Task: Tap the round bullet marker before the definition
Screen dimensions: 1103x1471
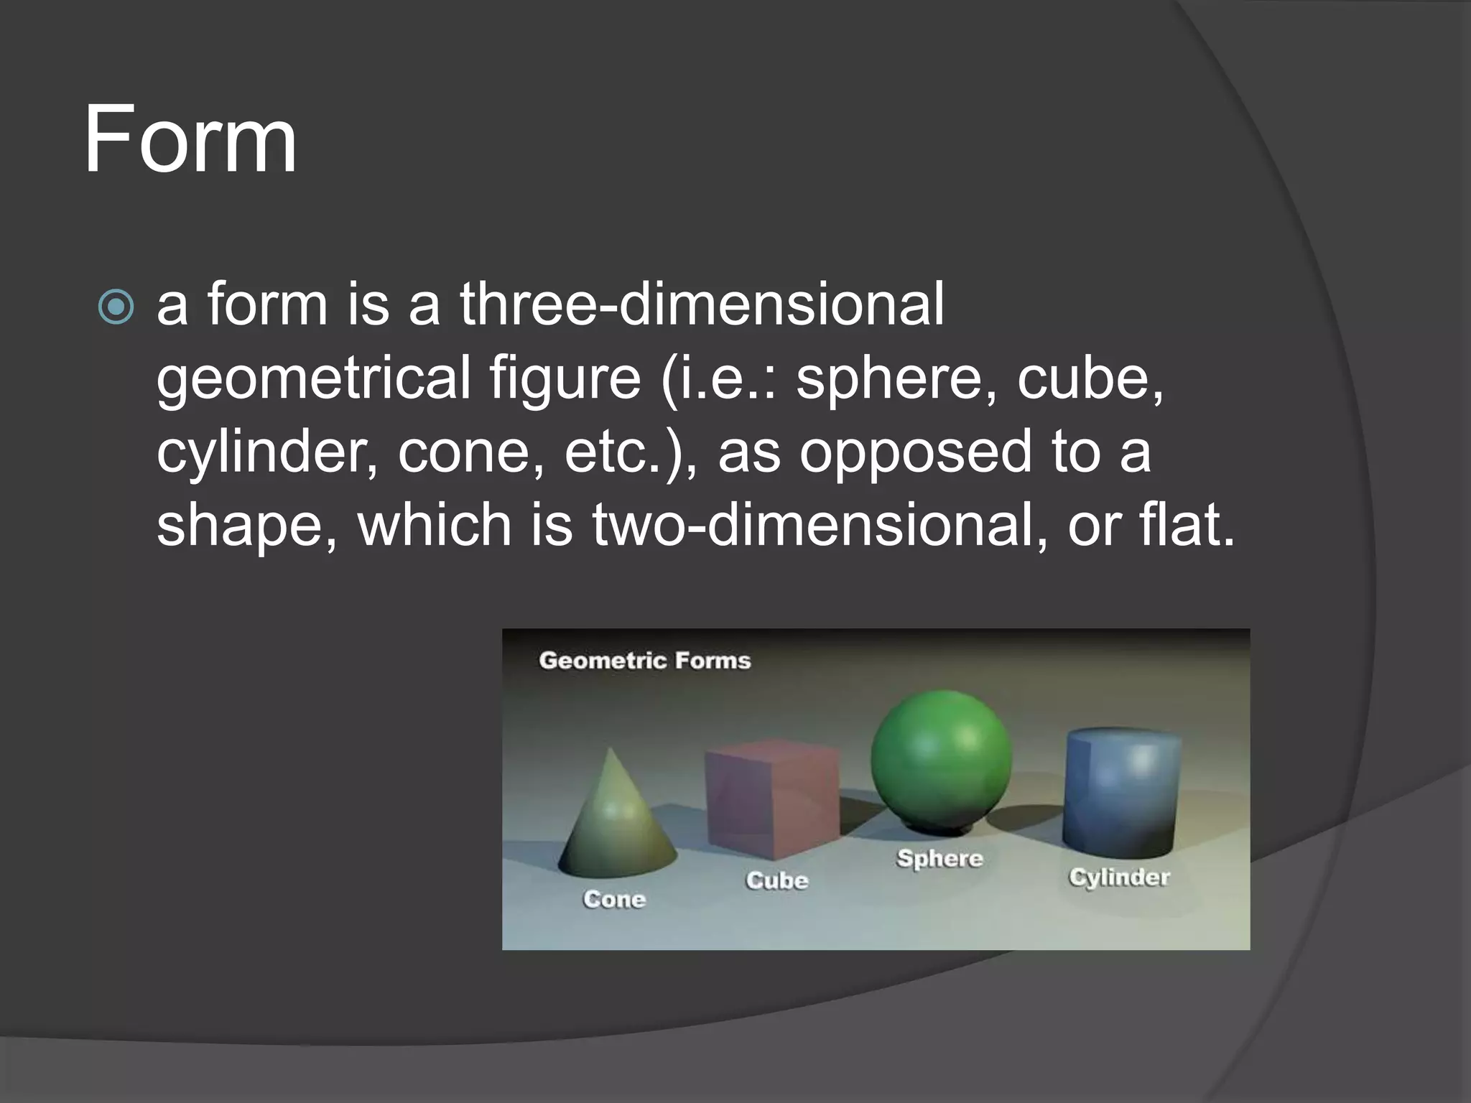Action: tap(116, 307)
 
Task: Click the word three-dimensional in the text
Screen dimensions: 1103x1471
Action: tap(702, 304)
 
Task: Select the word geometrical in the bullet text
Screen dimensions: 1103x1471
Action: tap(313, 378)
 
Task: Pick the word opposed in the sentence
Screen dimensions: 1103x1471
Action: tap(915, 454)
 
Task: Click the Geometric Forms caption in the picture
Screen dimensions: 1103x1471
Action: tap(644, 661)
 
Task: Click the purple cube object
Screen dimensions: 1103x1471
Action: tap(772, 799)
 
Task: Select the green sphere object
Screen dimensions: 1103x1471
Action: tap(941, 761)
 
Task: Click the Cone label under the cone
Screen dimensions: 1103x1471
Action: tap(614, 899)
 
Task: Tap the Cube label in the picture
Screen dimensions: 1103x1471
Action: tap(776, 880)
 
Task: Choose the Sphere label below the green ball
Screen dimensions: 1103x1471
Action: tap(939, 858)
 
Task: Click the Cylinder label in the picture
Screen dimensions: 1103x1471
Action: tap(1119, 877)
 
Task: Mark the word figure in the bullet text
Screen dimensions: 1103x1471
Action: tap(565, 378)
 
